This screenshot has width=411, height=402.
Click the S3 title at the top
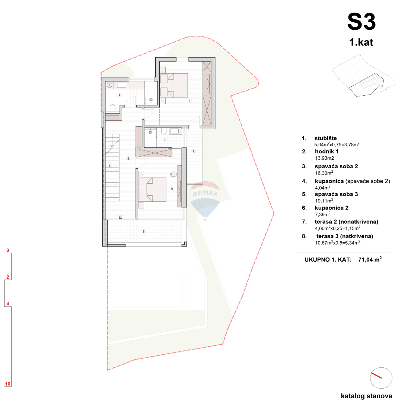361,22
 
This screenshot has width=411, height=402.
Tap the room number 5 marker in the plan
189,101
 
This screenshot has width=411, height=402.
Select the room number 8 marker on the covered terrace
144,232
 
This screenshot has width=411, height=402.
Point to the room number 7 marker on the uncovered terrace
193,151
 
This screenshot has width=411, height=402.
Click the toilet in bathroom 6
112,108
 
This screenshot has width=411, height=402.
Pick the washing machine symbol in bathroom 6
110,85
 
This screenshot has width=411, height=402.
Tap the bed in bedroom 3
152,189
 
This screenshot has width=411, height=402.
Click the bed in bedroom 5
173,85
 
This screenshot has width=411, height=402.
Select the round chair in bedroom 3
173,174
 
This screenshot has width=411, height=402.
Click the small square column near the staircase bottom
120,217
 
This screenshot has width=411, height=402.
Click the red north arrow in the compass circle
377,375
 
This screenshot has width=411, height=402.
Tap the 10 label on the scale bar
7,384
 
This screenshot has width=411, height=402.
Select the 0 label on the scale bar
7,251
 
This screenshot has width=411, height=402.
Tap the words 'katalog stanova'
366,396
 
